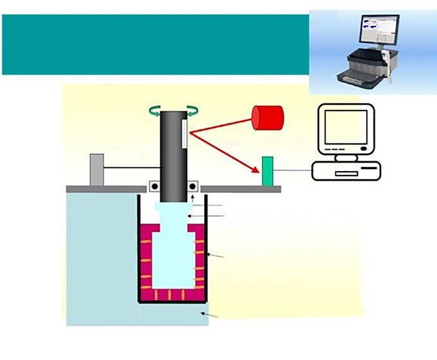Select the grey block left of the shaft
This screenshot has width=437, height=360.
[97, 168]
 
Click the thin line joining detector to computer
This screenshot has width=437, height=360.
[293, 170]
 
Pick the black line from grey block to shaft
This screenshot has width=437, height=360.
[132, 168]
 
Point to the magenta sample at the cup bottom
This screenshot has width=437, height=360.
[172, 294]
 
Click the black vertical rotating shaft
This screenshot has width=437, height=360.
[172, 154]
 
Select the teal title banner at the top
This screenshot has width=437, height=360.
[154, 44]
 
